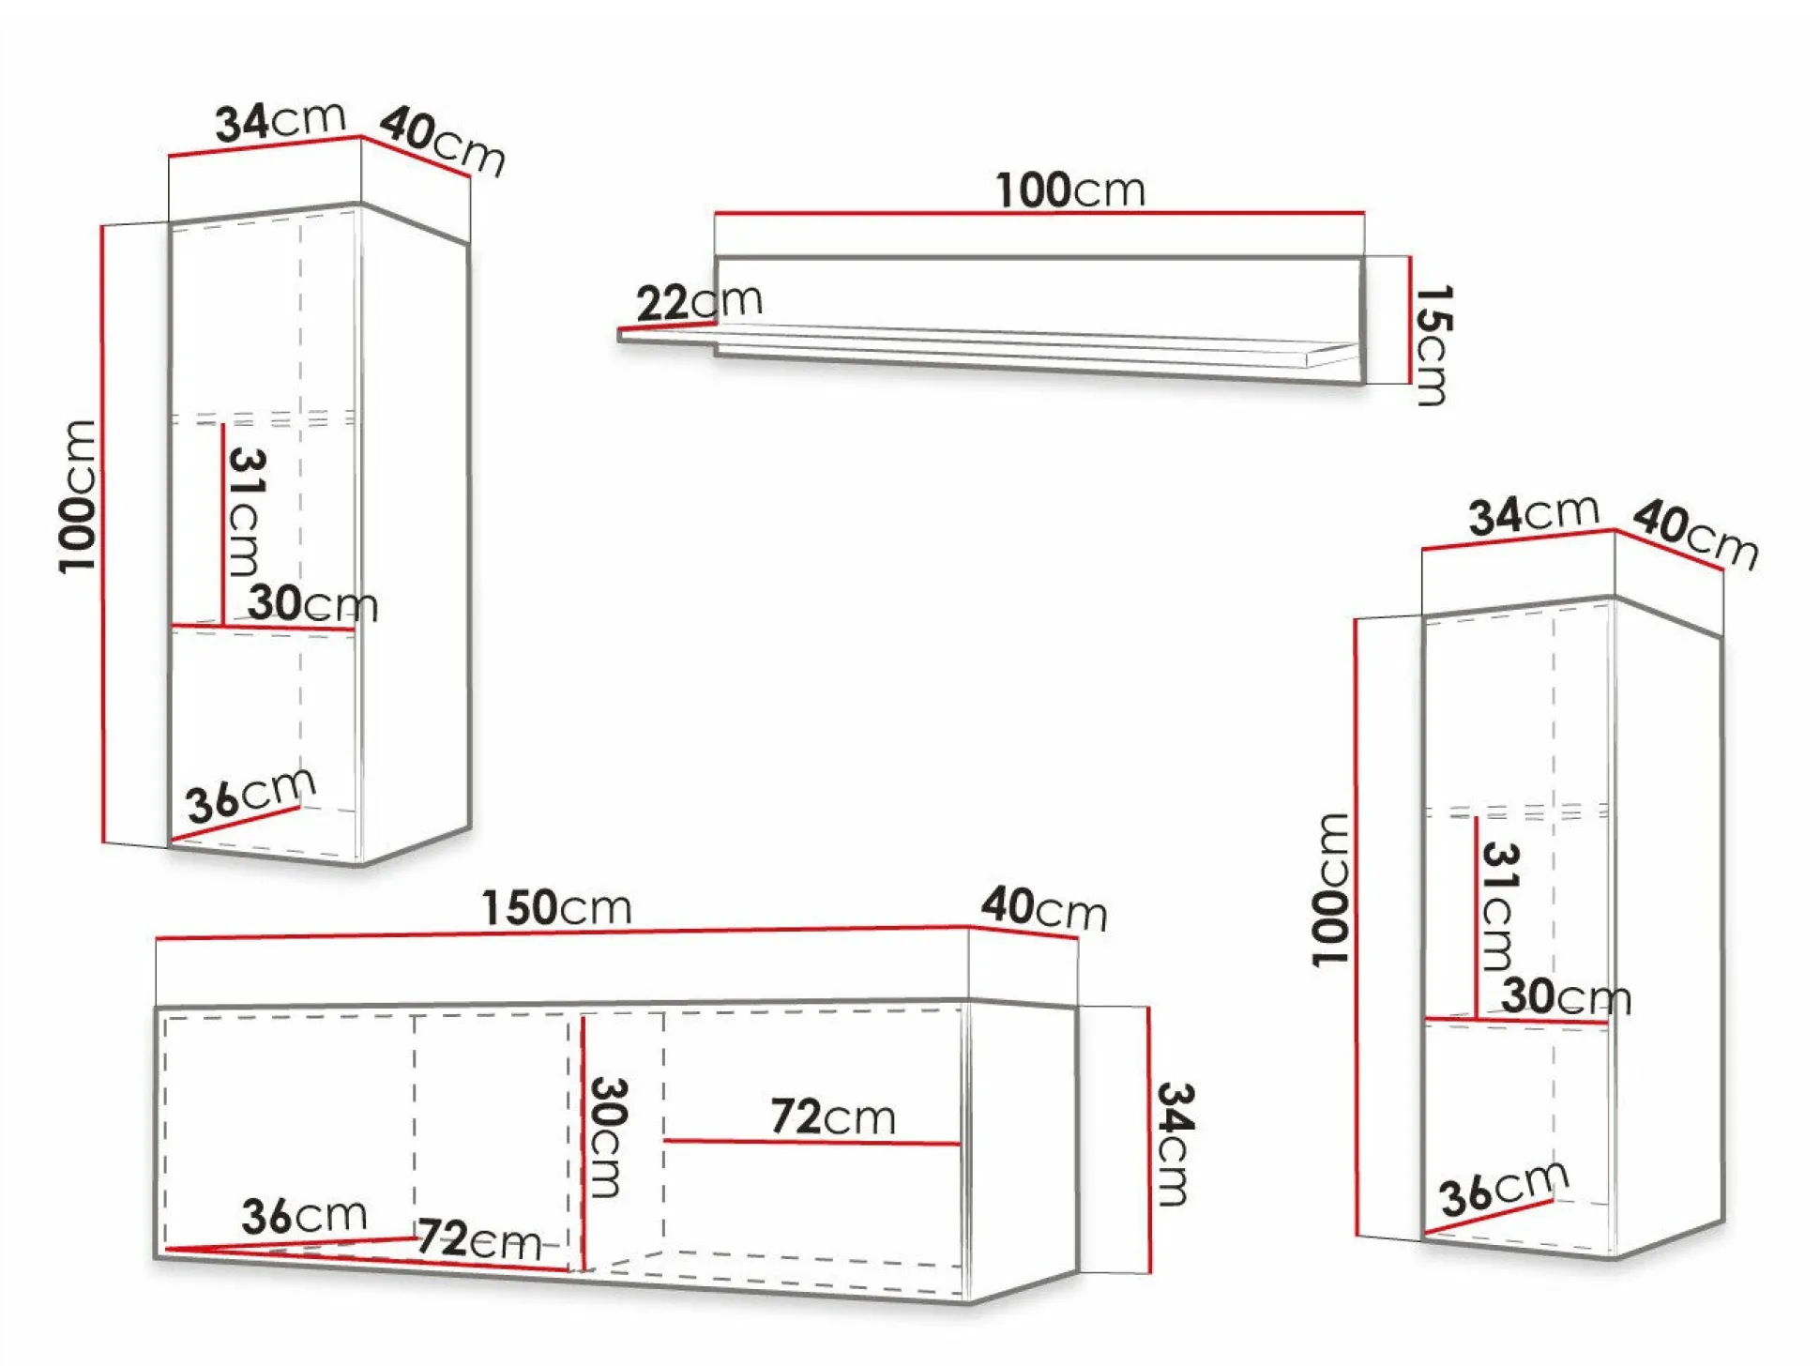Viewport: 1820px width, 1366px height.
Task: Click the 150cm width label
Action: (x=556, y=908)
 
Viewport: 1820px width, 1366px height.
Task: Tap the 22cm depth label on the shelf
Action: (x=699, y=302)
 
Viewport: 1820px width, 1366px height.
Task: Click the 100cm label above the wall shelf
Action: (x=1070, y=190)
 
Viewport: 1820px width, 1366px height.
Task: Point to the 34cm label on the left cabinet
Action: (x=281, y=122)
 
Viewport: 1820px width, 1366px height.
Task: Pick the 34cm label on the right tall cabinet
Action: (x=1534, y=515)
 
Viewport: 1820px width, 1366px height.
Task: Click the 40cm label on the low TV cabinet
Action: (x=1044, y=908)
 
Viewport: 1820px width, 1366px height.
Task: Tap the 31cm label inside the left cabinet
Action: (x=247, y=511)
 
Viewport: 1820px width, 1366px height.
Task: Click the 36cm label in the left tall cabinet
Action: (x=250, y=795)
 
